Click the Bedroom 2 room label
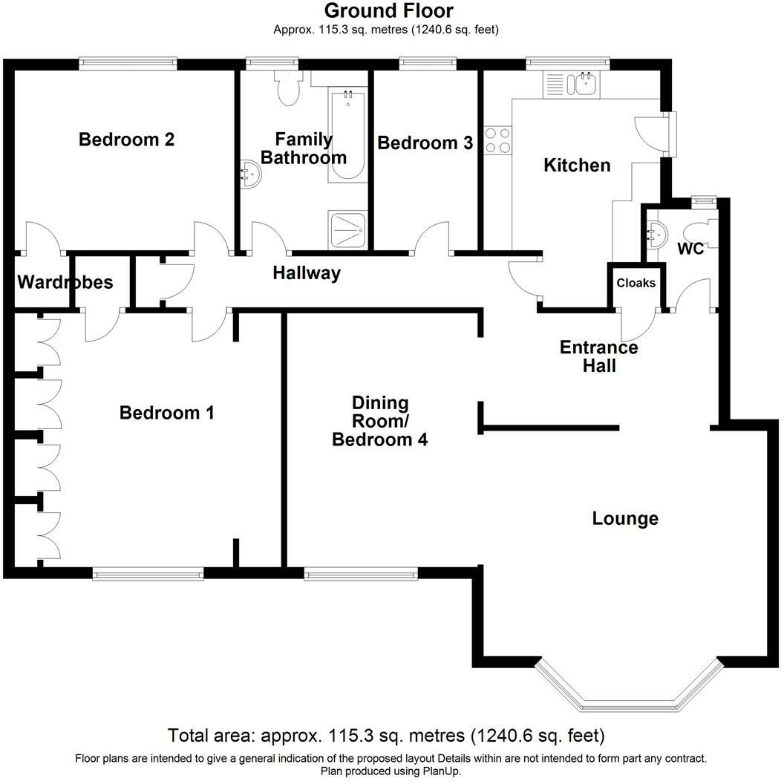point(127,140)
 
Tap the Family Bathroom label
point(303,148)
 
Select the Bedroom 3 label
point(425,143)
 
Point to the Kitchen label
point(577,165)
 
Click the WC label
point(690,249)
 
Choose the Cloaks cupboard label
point(636,283)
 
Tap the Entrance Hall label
point(598,356)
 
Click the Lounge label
point(625,518)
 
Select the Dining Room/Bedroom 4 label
point(379,421)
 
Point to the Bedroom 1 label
point(167,413)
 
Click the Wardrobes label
point(65,282)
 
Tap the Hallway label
point(307,273)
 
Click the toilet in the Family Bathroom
point(287,88)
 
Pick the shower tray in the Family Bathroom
point(347,229)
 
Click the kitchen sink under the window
point(585,84)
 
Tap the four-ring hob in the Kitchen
point(498,140)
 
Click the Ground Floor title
point(388,11)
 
